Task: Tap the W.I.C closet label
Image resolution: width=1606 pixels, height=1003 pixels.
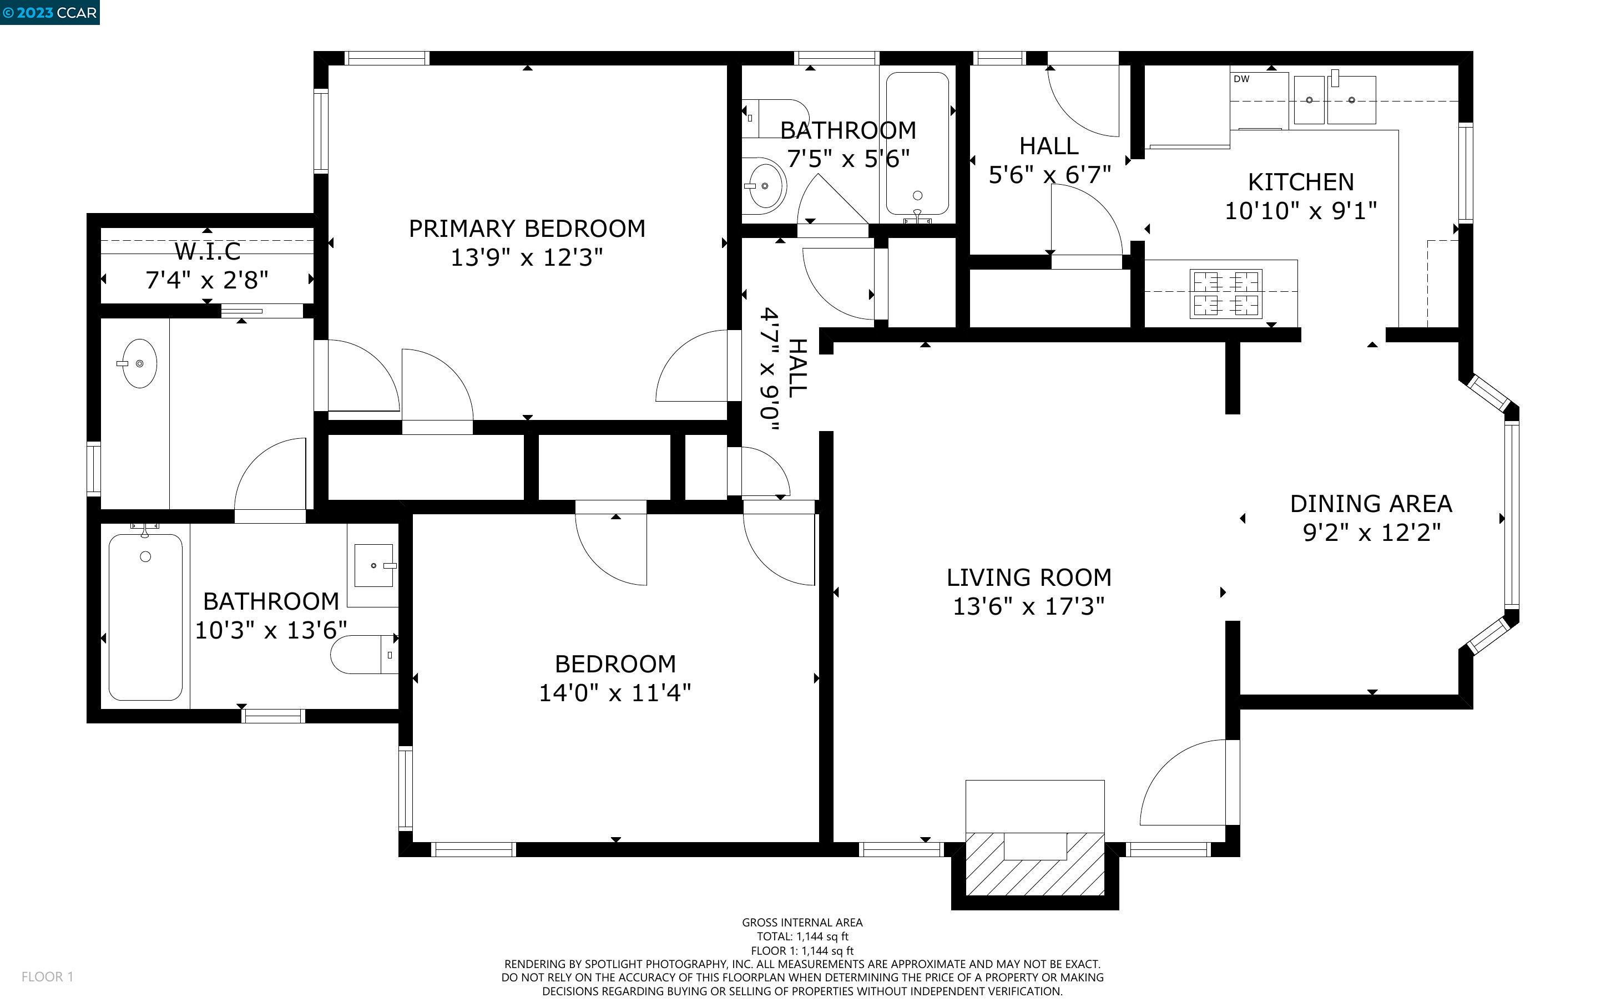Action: click(x=208, y=251)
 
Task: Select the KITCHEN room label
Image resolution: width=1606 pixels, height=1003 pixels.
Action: click(x=1300, y=182)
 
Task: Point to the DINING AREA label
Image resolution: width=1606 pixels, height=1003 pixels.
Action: click(x=1371, y=504)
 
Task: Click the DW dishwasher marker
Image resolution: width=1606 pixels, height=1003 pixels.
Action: click(x=1241, y=79)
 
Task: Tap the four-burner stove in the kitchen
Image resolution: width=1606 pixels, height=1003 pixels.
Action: click(x=1226, y=293)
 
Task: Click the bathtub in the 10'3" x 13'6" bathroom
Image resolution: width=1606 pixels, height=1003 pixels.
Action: click(x=145, y=617)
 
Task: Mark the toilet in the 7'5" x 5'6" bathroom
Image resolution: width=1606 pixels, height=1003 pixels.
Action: click(x=774, y=118)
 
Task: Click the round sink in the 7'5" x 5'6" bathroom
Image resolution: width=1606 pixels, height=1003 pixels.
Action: click(x=764, y=186)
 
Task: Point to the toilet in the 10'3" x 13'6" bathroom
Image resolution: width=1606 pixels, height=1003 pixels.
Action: click(x=364, y=655)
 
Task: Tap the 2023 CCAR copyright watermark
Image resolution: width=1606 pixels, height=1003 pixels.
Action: click(x=50, y=13)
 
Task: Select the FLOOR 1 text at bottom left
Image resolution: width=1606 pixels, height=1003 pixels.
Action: click(x=47, y=976)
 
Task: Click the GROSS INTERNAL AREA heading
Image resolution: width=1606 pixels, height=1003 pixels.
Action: click(x=802, y=922)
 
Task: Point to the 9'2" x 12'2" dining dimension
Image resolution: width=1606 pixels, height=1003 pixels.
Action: click(x=1371, y=533)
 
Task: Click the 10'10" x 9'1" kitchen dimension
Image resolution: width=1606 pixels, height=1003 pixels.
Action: click(x=1300, y=211)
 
